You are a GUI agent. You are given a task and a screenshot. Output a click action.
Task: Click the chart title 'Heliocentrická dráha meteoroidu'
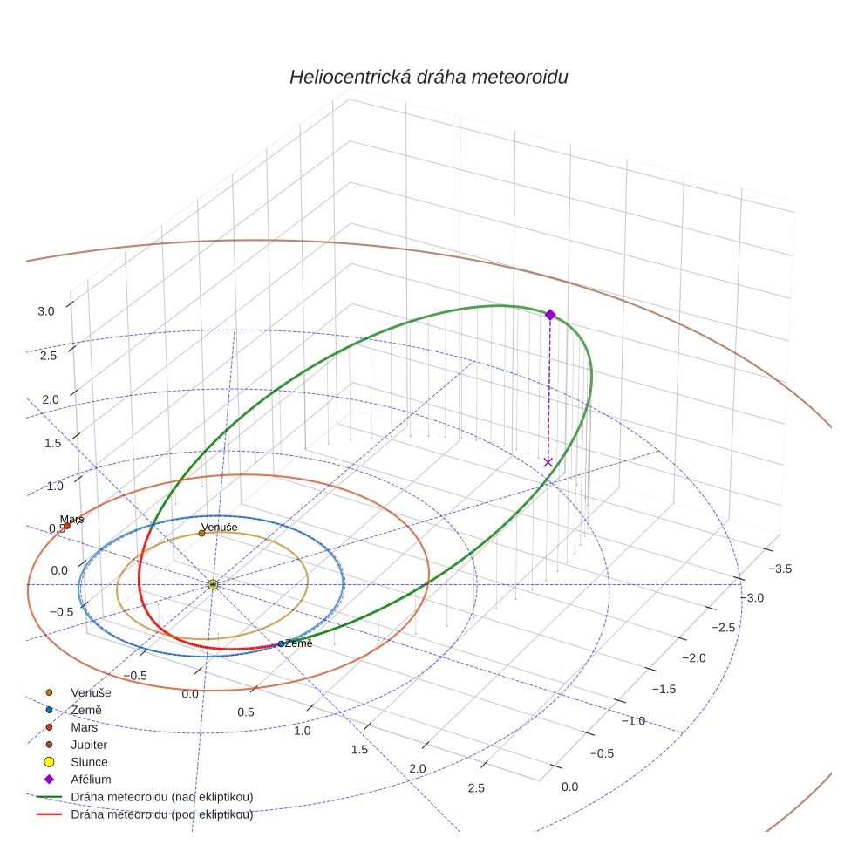tap(429, 77)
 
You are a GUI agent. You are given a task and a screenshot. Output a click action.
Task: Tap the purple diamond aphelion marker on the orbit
tap(550, 314)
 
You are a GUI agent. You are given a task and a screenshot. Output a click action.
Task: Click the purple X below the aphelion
tap(548, 461)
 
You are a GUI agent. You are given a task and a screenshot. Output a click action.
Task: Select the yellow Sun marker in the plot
tap(213, 584)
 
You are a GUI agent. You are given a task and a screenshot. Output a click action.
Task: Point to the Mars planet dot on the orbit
tap(67, 526)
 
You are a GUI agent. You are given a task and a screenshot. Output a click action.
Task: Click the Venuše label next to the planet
tap(219, 528)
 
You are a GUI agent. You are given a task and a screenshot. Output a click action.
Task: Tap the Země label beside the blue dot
tap(298, 643)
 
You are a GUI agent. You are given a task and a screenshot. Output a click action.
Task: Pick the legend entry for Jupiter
tap(88, 745)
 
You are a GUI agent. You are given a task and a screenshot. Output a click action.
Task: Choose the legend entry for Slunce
tap(89, 762)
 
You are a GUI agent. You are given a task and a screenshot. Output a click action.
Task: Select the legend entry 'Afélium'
tap(91, 780)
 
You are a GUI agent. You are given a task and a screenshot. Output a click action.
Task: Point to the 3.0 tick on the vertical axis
tap(47, 311)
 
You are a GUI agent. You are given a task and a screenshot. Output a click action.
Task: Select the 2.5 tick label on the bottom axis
tap(476, 789)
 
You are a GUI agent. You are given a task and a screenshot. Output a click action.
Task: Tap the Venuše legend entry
tap(91, 692)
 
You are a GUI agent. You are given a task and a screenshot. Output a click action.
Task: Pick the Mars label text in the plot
tap(71, 520)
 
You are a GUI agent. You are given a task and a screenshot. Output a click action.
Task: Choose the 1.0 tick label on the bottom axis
tap(302, 731)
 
